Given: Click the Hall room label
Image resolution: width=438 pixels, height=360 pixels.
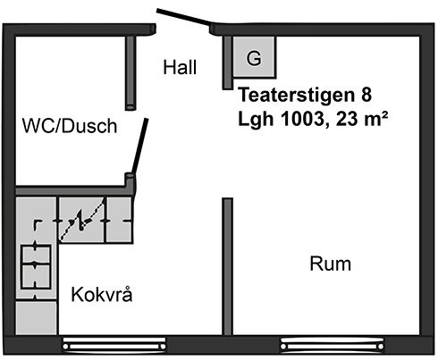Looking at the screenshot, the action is [180, 67].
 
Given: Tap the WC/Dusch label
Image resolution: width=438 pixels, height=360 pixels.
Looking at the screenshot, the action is [70, 126].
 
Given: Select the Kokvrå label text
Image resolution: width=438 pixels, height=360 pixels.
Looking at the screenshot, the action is [102, 294].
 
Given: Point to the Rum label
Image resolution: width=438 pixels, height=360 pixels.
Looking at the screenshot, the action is [331, 264].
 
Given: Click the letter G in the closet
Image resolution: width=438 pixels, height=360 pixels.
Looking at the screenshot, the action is [254, 58].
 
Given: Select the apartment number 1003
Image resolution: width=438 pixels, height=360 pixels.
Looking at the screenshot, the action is [302, 119].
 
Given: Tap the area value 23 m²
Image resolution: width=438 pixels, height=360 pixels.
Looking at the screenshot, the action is [362, 119].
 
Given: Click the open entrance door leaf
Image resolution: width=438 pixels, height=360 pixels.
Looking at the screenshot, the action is [184, 16].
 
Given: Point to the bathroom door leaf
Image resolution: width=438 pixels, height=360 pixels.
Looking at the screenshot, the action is [139, 146].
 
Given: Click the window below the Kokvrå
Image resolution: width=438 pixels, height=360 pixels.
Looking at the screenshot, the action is [114, 346].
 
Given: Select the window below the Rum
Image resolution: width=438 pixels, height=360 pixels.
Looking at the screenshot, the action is [333, 346].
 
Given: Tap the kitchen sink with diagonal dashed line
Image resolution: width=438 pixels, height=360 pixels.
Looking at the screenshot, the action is [81, 220].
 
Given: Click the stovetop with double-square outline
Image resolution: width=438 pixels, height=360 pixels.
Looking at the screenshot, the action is [36, 266].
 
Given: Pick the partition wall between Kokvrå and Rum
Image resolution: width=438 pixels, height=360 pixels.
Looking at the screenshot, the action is [228, 266].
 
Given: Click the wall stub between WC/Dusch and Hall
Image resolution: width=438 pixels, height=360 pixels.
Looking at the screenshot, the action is [131, 73].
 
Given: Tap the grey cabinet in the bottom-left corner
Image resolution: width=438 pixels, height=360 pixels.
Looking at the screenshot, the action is [36, 317].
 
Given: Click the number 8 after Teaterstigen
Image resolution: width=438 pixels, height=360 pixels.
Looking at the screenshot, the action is [366, 95].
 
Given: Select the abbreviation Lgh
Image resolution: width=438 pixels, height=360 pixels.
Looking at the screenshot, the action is [256, 120].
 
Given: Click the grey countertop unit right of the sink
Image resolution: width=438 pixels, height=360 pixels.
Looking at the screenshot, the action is [119, 220].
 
